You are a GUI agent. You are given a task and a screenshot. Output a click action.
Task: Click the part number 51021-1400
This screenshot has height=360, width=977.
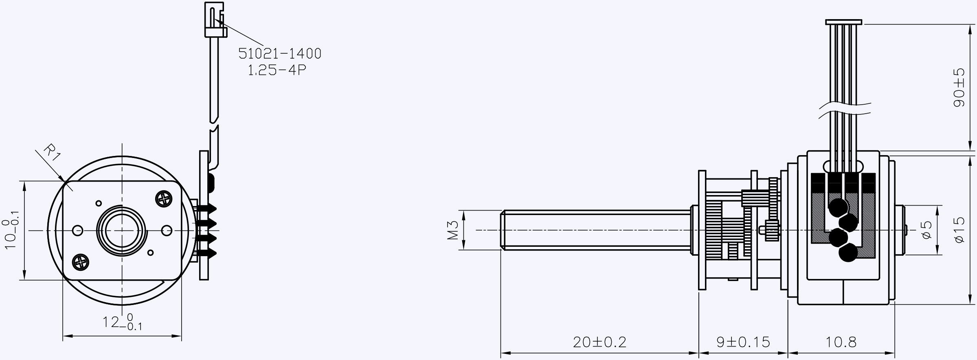click(x=280, y=53)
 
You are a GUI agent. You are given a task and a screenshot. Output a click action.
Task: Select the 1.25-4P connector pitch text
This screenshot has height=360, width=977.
click(x=277, y=70)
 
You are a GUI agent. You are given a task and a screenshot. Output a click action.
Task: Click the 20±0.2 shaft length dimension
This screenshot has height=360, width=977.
click(x=599, y=342)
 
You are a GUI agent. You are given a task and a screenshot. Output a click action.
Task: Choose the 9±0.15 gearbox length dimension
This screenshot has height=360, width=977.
click(x=743, y=342)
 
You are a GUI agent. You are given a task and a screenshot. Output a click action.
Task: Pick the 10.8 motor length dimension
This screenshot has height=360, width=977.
click(x=841, y=342)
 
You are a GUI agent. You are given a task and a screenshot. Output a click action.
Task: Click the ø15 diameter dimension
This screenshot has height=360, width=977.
click(x=959, y=230)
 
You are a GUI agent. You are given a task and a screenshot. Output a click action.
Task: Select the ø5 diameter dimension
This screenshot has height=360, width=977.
click(x=927, y=230)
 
